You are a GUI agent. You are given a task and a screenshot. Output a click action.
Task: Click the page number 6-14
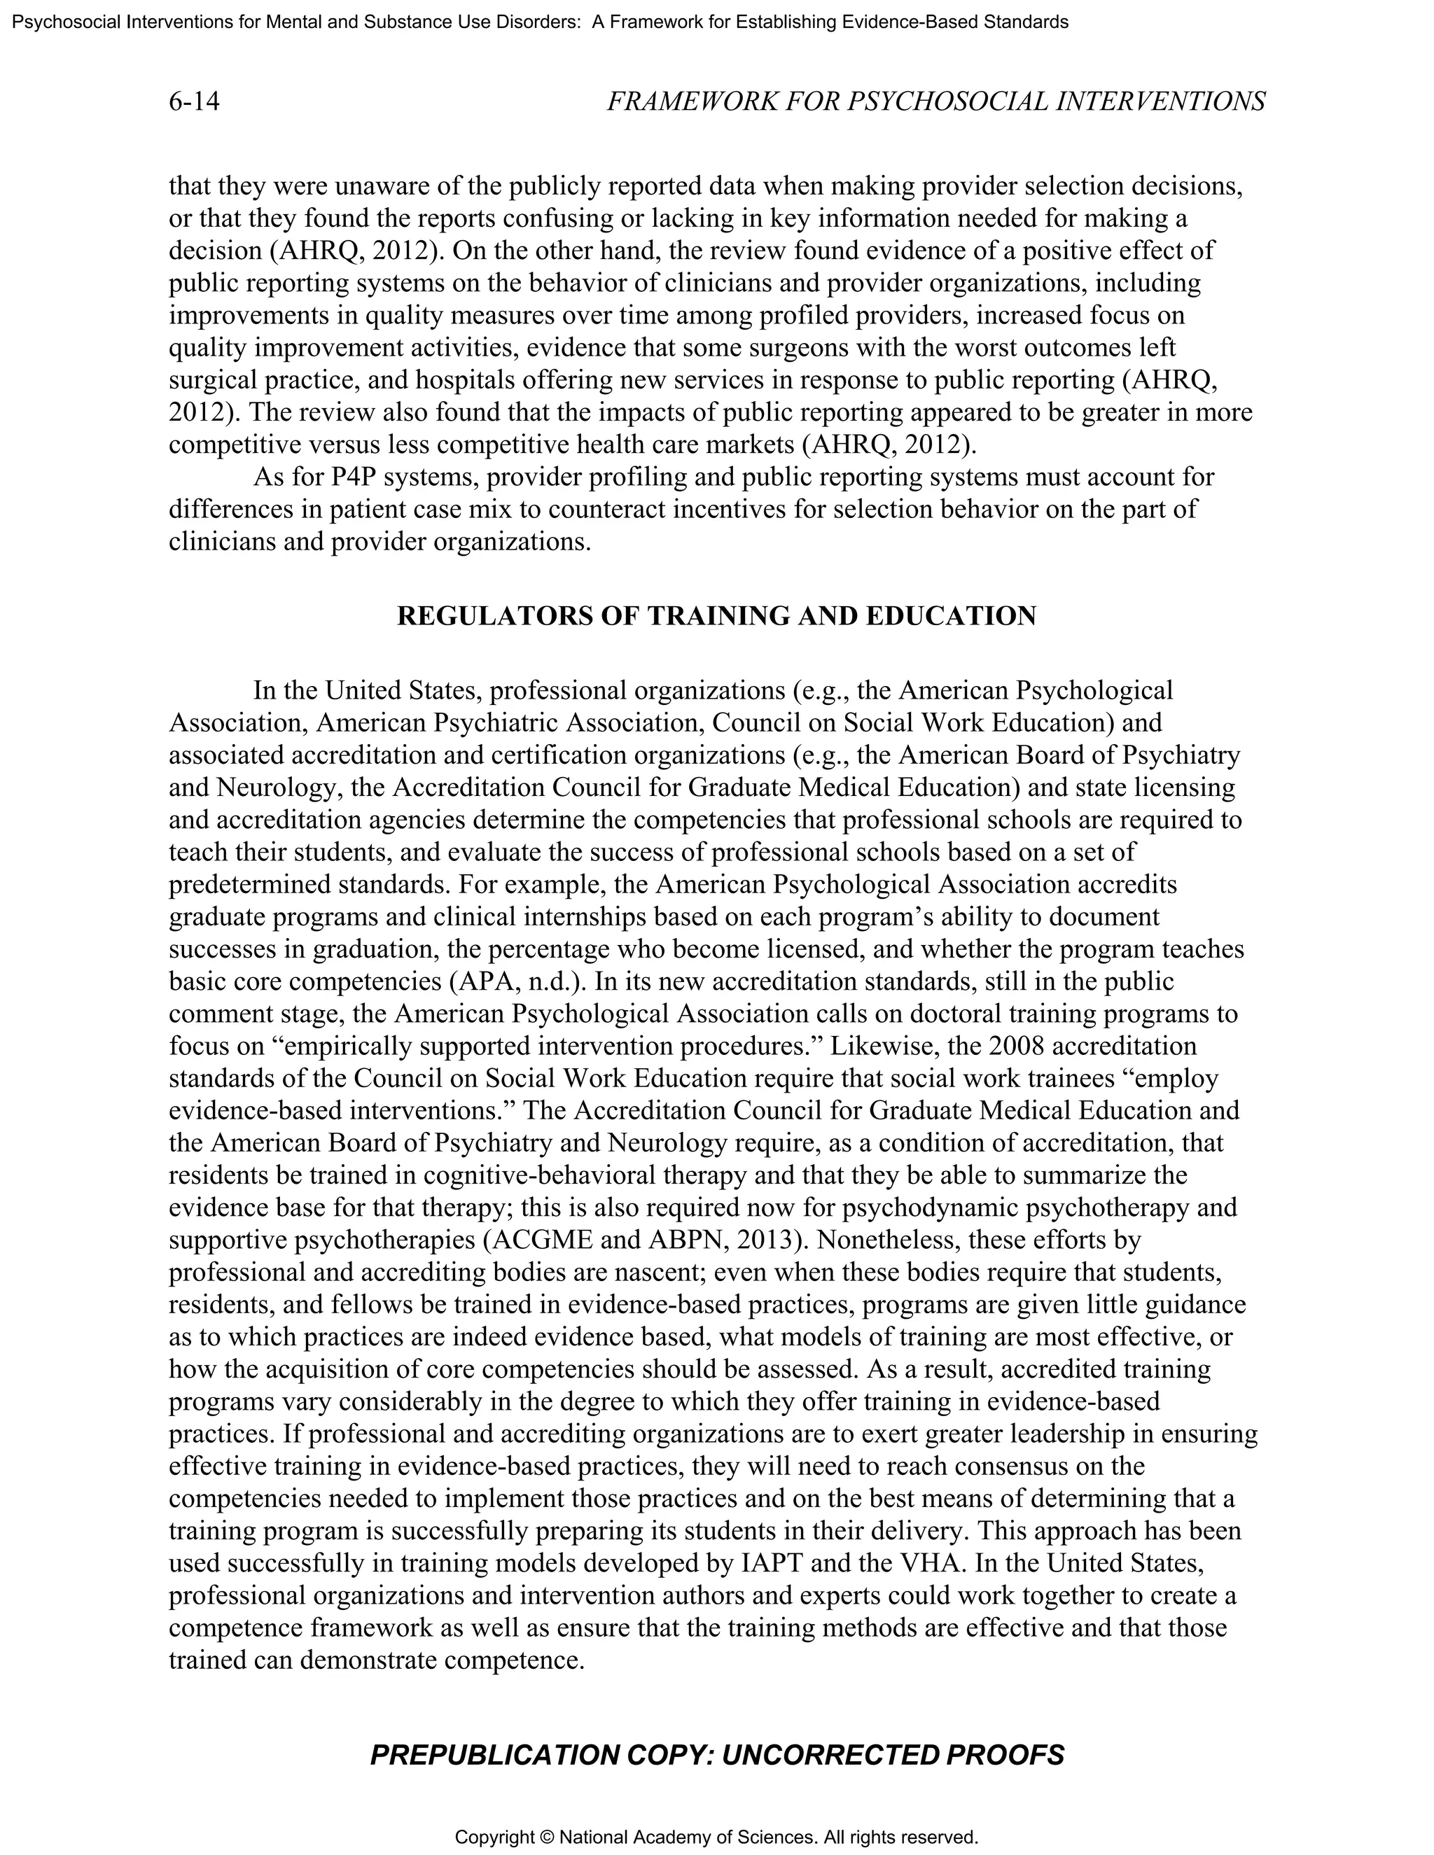(194, 102)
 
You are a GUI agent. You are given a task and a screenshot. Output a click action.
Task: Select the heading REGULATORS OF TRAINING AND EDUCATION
(716, 616)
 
